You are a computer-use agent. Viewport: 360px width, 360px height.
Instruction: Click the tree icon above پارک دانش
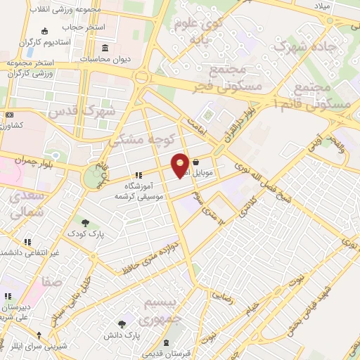(x=122, y=324)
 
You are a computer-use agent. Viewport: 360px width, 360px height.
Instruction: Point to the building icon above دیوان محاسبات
(x=105, y=48)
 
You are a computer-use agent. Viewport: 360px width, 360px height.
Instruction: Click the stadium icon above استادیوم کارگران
(x=45, y=31)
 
